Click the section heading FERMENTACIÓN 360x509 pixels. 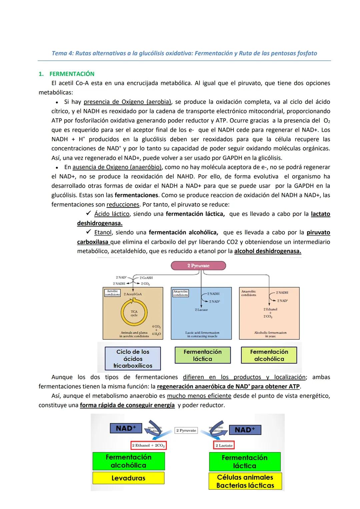pos(72,74)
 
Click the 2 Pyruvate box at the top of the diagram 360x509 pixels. pos(198,265)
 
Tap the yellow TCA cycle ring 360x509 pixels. pos(134,313)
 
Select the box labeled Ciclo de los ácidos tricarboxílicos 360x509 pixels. pos(133,359)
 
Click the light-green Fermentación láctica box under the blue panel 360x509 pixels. pos(202,355)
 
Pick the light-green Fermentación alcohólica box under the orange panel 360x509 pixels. pos(269,355)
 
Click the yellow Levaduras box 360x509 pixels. pos(128,478)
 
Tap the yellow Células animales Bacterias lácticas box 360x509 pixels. pos(245,481)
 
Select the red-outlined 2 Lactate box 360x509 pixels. pos(224,445)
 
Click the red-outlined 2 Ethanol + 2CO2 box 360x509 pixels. pos(148,445)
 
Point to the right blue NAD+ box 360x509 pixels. pos(245,430)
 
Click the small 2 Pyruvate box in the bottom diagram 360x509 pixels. pos(186,430)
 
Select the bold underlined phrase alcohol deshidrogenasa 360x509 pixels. pos(267,251)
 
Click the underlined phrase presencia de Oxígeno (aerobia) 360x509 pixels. pos(127,102)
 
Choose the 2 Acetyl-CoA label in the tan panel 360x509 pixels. pos(133,294)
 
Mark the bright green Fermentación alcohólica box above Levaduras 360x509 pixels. pos(128,461)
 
